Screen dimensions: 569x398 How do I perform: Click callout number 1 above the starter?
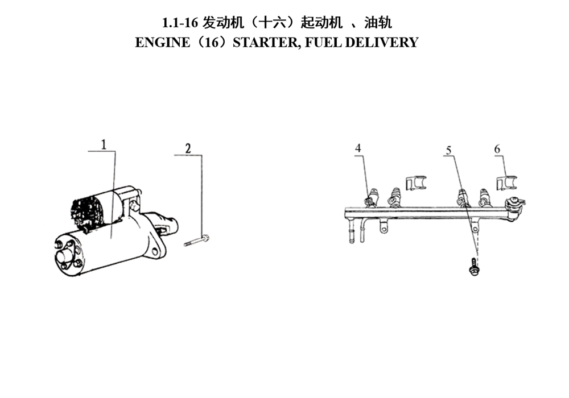click(104, 144)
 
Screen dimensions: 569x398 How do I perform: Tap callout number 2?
click(188, 148)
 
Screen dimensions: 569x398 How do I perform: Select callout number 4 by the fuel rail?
click(358, 148)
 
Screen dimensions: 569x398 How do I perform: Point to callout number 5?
click(449, 150)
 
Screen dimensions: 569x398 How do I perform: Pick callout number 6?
click(497, 148)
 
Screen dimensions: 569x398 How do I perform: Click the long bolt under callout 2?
click(197, 241)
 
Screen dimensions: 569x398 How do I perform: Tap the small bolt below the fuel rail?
click(473, 267)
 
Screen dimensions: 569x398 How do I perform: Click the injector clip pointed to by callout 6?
click(506, 183)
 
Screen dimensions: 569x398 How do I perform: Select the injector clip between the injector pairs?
click(416, 183)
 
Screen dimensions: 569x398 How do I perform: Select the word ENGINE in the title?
click(162, 43)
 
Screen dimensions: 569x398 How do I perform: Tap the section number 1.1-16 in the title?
click(180, 23)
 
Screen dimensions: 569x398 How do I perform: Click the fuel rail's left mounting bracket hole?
click(384, 228)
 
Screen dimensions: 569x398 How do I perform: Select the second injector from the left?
click(394, 196)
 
